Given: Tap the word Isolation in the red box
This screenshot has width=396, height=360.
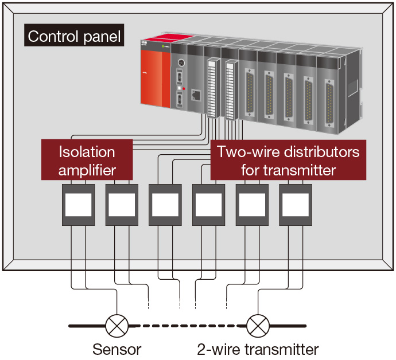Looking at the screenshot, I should (x=87, y=152).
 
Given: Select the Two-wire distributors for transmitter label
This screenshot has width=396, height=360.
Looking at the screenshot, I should (x=288, y=161).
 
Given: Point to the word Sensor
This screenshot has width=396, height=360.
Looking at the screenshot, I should (x=117, y=349).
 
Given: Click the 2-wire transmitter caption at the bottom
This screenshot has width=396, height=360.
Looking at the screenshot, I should (x=257, y=349).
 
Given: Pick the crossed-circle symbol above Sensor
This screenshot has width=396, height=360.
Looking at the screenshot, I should (x=117, y=326).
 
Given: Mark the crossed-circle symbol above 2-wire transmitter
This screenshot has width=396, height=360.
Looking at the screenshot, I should (x=257, y=326).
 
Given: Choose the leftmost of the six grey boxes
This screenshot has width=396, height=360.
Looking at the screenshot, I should (x=78, y=204).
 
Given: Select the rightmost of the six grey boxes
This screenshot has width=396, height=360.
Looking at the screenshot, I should (x=296, y=204).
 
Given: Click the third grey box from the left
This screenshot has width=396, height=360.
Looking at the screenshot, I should (x=165, y=204).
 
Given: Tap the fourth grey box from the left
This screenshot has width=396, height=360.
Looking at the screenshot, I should (x=208, y=204).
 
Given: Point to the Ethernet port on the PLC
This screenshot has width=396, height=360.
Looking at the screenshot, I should (x=195, y=96).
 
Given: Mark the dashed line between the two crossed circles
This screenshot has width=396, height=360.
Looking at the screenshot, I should (x=187, y=326).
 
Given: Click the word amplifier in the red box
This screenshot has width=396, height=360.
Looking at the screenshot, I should (x=87, y=170).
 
